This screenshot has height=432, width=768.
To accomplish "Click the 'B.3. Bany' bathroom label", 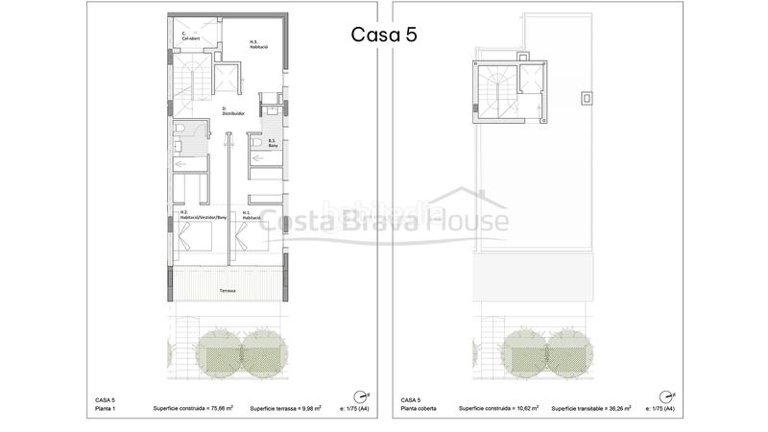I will tap(273, 146).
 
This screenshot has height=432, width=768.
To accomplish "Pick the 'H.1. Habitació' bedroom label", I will tap(252, 215).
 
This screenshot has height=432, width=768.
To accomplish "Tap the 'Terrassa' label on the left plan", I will tap(228, 290).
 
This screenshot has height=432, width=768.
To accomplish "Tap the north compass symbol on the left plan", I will tap(360, 396).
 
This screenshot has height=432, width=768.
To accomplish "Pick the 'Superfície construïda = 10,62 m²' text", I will tap(498, 409).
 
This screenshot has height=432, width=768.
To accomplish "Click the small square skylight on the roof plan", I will tap(587, 98).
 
